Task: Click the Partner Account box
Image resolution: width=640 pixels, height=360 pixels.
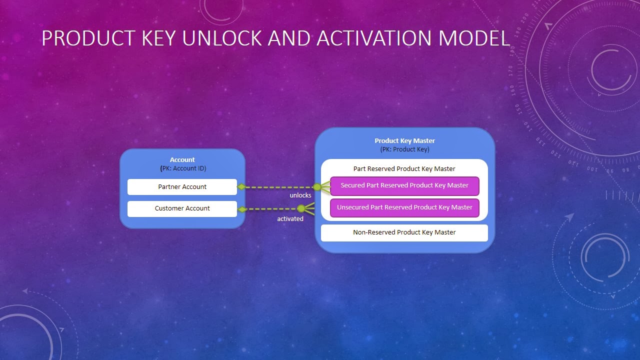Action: (182, 187)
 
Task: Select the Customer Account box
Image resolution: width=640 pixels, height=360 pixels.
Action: (182, 208)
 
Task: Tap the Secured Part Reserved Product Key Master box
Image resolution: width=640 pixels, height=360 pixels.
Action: (404, 185)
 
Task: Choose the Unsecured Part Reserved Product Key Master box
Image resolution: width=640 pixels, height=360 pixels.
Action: (404, 207)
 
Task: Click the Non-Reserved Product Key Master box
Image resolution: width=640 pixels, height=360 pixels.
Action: (404, 232)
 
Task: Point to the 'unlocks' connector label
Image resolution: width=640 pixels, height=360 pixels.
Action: (300, 195)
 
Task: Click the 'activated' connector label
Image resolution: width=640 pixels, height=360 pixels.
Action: (290, 219)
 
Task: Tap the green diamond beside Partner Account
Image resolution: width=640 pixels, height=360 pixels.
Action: (241, 187)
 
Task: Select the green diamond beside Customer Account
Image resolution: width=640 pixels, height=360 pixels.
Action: (242, 209)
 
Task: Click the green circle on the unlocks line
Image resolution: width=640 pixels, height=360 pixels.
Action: (317, 187)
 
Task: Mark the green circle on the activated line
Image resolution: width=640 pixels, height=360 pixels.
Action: (301, 208)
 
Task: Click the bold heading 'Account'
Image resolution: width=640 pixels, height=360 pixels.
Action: (182, 160)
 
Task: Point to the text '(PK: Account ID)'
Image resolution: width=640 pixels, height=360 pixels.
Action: (183, 168)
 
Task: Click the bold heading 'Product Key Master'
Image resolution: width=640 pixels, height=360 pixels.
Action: (404, 141)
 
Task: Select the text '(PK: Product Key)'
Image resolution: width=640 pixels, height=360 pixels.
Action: (404, 149)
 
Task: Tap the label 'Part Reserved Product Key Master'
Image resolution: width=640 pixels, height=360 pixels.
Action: (404, 169)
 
